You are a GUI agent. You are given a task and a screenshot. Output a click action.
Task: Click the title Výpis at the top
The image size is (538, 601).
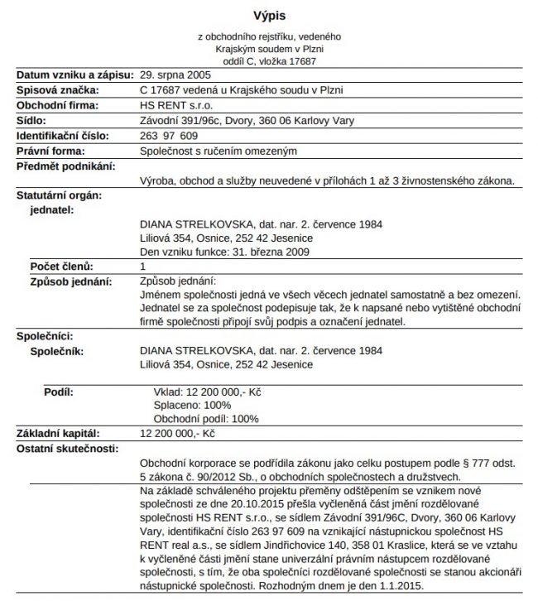(269, 15)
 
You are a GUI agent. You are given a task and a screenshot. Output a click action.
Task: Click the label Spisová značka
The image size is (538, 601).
(58, 90)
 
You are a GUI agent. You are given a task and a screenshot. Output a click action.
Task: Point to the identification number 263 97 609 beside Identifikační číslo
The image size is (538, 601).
(169, 135)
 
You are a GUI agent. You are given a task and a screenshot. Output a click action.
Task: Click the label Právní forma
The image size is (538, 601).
(51, 151)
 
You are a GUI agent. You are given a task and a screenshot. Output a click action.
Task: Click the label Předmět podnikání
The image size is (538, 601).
(65, 166)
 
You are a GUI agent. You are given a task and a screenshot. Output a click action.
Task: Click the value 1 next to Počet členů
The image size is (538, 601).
(143, 267)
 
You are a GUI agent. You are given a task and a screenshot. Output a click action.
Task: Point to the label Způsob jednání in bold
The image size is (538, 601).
(70, 281)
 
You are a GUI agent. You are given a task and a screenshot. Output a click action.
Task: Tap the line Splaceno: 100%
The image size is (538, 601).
(193, 406)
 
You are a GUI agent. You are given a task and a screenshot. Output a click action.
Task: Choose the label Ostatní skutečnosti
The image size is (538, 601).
(67, 448)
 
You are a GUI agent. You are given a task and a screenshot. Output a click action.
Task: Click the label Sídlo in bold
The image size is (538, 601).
(32, 120)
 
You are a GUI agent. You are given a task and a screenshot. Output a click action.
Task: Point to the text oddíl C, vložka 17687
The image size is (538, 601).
(269, 60)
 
